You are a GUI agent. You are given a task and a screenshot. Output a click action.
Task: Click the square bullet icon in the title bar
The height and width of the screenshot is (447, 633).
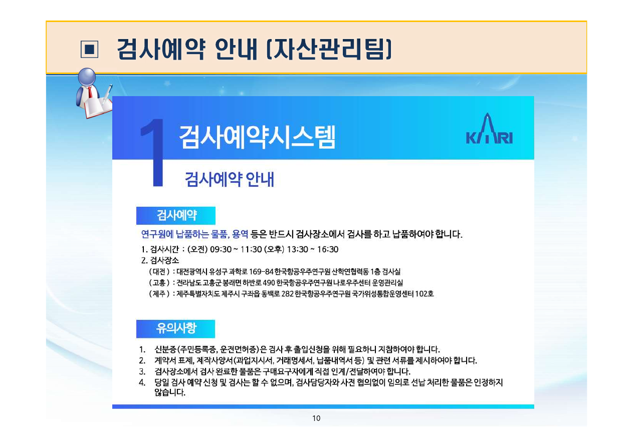89,49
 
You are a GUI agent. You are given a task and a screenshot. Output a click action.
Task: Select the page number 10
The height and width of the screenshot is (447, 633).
316,418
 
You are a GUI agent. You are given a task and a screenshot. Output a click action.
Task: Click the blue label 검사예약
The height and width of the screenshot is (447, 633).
176,216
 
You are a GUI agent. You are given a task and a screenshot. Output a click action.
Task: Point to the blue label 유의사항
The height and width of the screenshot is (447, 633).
176,329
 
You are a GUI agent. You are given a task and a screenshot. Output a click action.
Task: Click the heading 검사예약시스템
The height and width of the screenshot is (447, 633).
257,137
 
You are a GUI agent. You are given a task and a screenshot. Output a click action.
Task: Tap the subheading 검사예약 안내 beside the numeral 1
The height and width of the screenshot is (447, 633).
230,179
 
